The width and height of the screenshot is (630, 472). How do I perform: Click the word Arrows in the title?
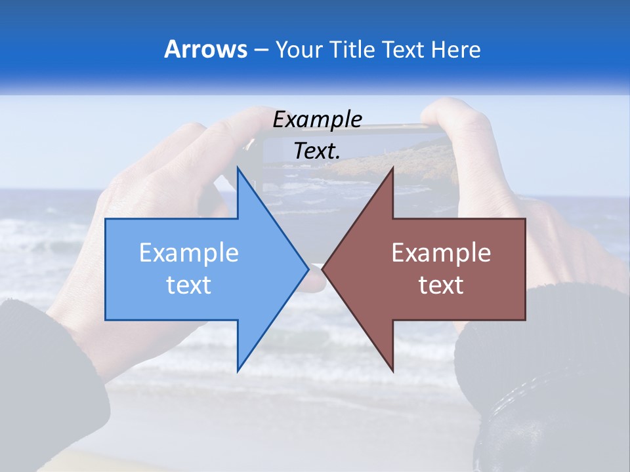pos(205,49)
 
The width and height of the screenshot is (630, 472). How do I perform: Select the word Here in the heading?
pos(455,49)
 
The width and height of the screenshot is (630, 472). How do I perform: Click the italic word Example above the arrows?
pos(317,119)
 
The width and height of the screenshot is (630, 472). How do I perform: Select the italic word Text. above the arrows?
pos(317,151)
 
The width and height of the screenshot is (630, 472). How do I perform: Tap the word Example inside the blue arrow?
pos(189,253)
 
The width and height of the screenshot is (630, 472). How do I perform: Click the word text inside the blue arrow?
pos(189,285)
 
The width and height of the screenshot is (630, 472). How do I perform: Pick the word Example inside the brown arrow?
pos(441,253)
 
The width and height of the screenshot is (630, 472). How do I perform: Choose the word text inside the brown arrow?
pos(441,285)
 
